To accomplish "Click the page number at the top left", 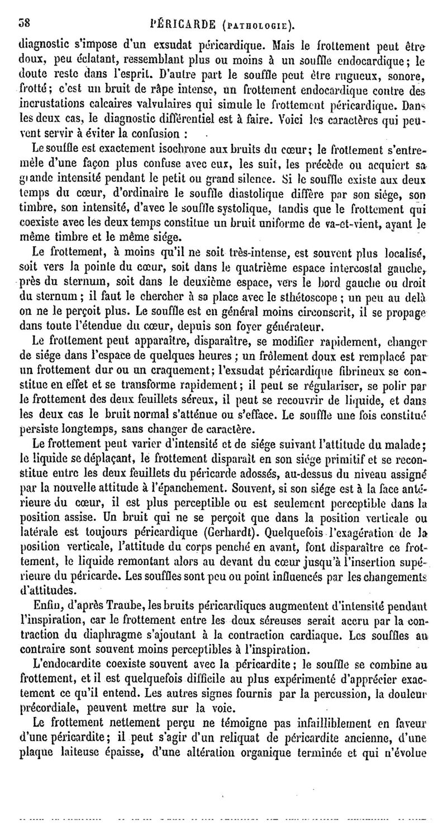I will pyautogui.click(x=24, y=25).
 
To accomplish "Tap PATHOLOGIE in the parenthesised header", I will pyautogui.click(x=256, y=26).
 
